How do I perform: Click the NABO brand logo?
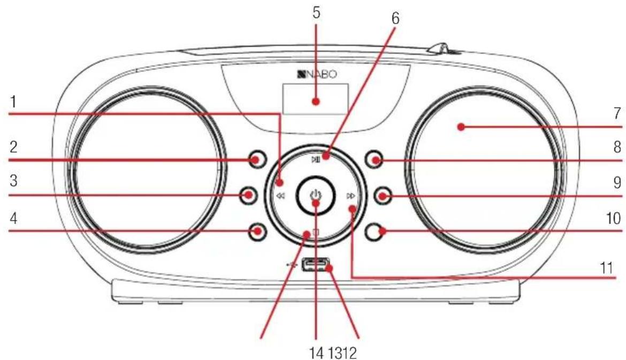point(317,74)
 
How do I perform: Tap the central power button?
point(315,195)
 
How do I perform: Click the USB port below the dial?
point(316,265)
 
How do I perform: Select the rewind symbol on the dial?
point(281,196)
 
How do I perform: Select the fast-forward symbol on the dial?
point(350,196)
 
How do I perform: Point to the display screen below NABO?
point(315,99)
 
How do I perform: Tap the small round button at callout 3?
point(248,195)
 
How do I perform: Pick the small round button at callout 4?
point(256,231)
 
